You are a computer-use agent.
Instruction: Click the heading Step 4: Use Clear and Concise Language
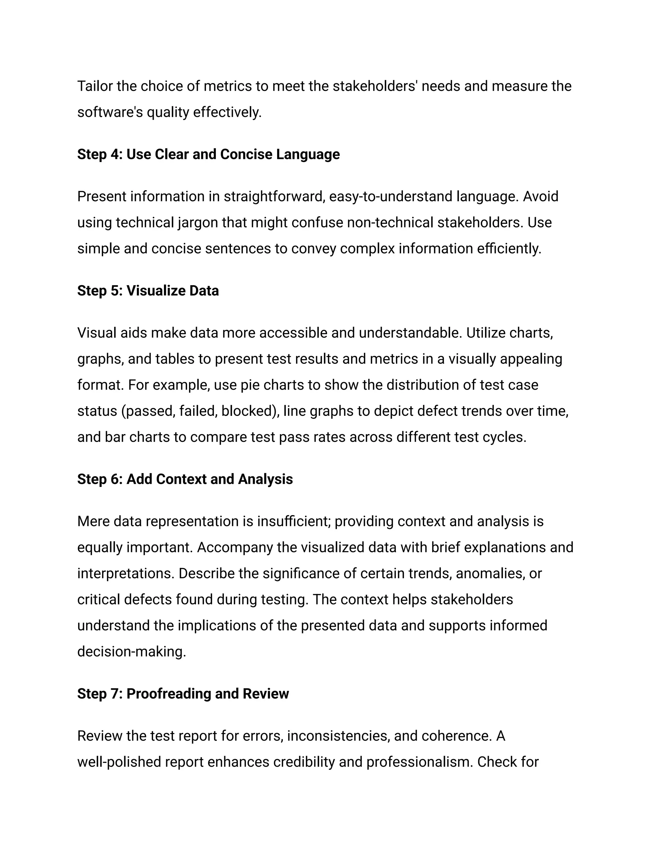(208, 154)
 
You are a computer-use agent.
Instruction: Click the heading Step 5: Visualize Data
(148, 291)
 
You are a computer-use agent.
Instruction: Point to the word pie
(250, 385)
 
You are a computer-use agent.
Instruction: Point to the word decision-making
(131, 652)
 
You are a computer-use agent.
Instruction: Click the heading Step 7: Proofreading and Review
(183, 694)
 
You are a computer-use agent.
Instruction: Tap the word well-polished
(119, 762)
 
